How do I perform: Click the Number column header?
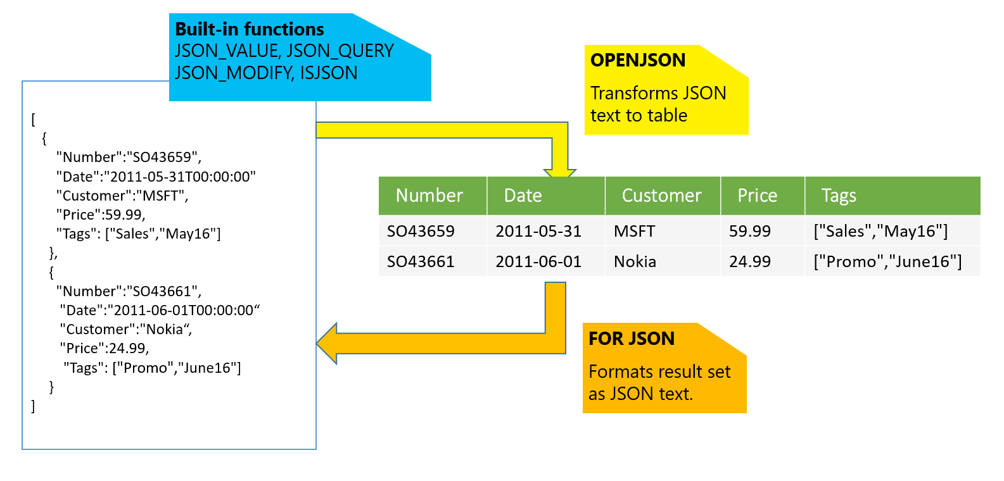[429, 196]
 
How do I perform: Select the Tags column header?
[839, 196]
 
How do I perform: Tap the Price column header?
[757, 196]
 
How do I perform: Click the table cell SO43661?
[421, 261]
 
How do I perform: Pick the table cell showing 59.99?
[750, 231]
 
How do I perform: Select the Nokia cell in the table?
[635, 261]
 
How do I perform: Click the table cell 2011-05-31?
[538, 231]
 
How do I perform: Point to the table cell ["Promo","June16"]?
[887, 261]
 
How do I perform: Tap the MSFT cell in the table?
[634, 231]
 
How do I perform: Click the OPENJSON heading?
[637, 60]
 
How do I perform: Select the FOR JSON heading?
[632, 339]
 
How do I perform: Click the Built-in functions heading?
[249, 29]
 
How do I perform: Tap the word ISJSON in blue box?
[329, 73]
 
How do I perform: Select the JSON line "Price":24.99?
[105, 348]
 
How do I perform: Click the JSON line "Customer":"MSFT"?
[122, 196]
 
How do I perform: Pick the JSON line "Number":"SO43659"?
[129, 157]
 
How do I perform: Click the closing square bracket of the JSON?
[33, 406]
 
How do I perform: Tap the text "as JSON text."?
[640, 394]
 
